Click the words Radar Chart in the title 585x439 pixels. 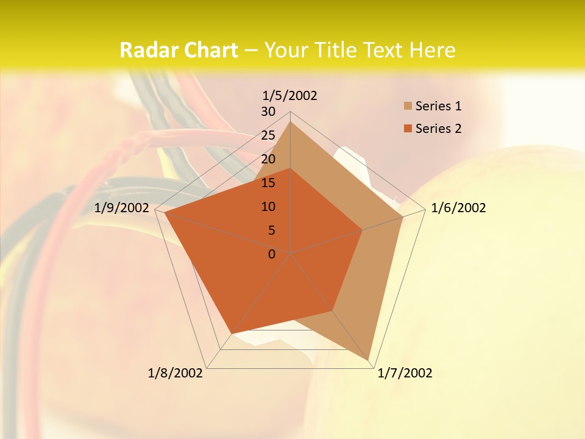coord(179,50)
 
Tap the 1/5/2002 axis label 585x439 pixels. coord(290,95)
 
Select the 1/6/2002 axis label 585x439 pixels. coord(458,208)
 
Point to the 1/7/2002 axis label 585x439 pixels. coord(405,373)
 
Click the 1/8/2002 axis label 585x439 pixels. coord(175,373)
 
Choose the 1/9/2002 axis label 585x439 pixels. coord(122,208)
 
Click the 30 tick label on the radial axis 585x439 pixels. coord(268,112)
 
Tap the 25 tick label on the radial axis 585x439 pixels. coord(268,135)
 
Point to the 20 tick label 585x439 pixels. coord(268,159)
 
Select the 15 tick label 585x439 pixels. coord(268,183)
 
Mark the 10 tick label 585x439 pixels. coord(268,207)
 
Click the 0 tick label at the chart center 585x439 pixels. coord(272,254)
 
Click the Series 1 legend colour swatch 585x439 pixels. coord(408,107)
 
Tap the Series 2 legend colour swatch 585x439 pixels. coord(408,129)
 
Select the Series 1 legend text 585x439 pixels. coord(438,106)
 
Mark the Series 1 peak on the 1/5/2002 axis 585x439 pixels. coord(291,121)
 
